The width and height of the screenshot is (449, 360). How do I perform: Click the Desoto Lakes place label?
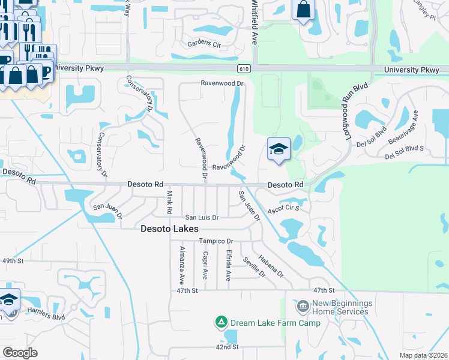169,229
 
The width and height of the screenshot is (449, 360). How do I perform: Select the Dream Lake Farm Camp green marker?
221,323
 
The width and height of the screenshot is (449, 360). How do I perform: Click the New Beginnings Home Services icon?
303,307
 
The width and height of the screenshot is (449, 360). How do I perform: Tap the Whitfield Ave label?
254,22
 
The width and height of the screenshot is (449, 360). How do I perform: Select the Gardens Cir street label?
205,44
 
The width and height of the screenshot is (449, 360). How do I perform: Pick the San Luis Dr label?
202,217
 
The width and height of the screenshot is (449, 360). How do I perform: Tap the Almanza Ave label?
181,265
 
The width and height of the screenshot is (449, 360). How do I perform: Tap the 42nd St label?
227,347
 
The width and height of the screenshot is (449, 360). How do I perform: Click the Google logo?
20,353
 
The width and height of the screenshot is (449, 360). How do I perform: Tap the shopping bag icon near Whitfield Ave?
304,10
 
